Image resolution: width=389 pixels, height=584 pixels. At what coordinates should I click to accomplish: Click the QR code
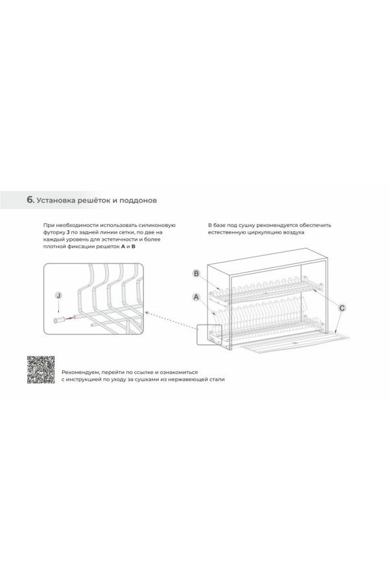pos(41,370)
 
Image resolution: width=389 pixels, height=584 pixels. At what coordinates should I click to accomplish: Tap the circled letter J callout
pos(58,296)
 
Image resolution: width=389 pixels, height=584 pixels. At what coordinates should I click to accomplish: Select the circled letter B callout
pos(196,274)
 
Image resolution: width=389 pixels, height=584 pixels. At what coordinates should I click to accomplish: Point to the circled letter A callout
pos(196,297)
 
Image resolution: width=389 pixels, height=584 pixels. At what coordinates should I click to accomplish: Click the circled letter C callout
pos(342,308)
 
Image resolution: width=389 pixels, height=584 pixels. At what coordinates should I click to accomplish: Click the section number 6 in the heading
pos(30,200)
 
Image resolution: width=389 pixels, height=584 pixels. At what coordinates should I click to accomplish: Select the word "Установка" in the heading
pos(56,200)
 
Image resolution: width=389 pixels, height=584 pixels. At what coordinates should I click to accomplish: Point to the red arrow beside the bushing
pos(69,319)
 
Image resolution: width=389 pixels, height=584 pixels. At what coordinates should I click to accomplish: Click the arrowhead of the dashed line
pos(146,313)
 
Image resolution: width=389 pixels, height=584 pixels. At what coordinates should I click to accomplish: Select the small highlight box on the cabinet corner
pos(209,335)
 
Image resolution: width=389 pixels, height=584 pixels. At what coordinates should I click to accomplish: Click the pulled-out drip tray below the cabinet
pos(294,342)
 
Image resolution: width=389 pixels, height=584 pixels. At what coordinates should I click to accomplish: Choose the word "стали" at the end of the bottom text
pos(217,379)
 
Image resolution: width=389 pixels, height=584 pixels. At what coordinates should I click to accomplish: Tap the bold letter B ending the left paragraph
pos(134,246)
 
